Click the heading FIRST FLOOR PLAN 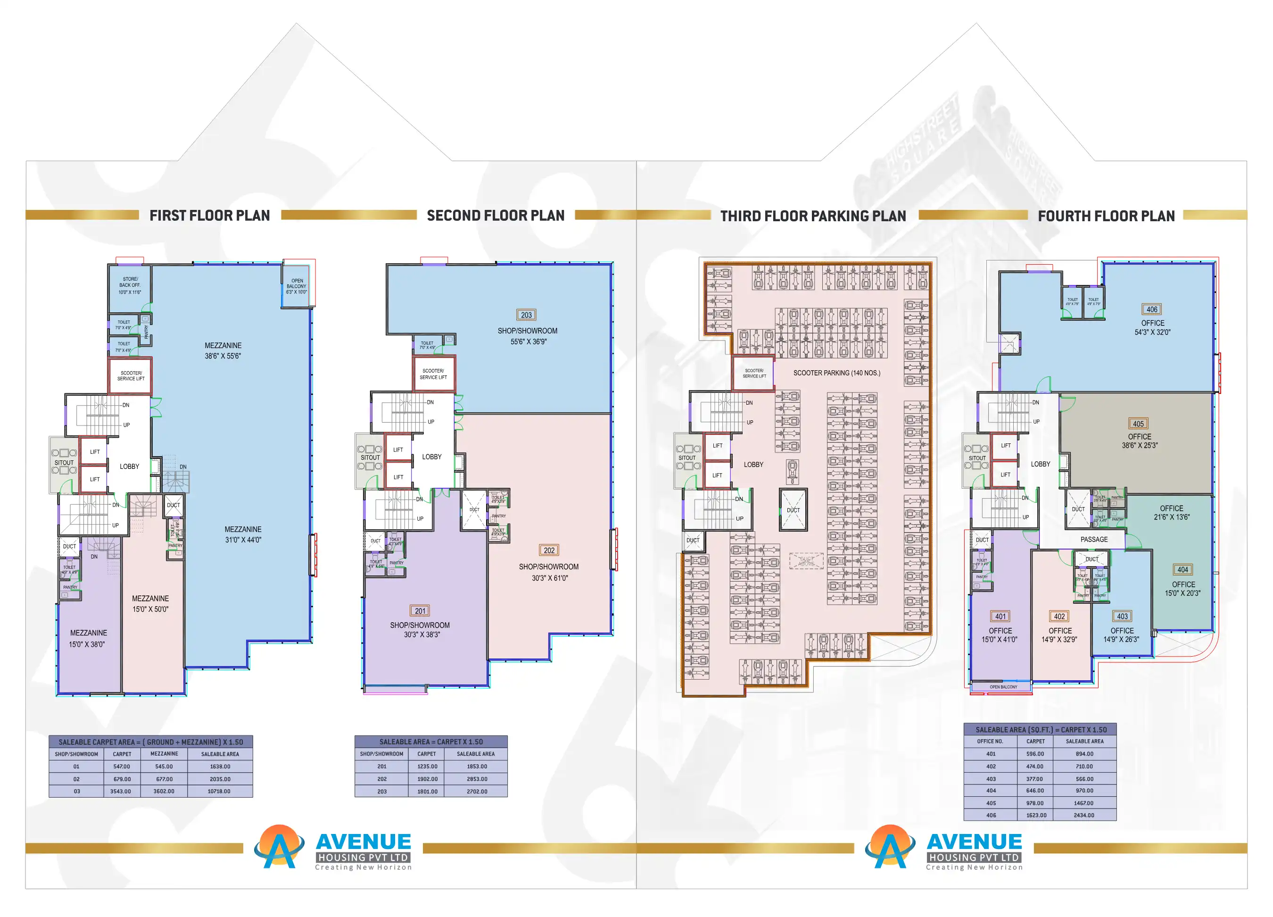(x=209, y=216)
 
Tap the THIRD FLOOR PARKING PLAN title (x=813, y=216)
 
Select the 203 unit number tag (x=526, y=315)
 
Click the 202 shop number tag (x=549, y=550)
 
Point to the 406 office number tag (x=1152, y=309)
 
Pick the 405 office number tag (x=1138, y=424)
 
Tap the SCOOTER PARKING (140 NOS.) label (x=836, y=373)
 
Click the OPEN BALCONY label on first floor (x=297, y=286)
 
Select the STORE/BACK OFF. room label (x=130, y=285)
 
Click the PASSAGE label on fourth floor (x=1094, y=540)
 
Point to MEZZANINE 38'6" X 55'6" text (x=223, y=350)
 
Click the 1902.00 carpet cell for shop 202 (x=427, y=779)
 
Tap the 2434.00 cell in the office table (x=1084, y=815)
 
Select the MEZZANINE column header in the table (x=164, y=754)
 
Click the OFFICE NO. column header (x=990, y=741)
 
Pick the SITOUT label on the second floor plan (x=370, y=458)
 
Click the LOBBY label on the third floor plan (x=753, y=464)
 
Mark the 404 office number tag (x=1182, y=569)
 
